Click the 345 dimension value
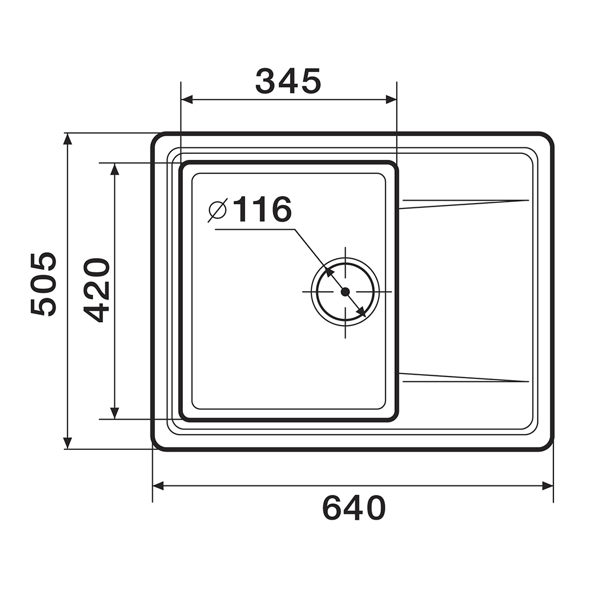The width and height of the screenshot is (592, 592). coord(288,81)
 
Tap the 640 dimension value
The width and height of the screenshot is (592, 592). coord(354,508)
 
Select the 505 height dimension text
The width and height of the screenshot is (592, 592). coord(43,284)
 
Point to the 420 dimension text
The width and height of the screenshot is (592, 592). coord(96,290)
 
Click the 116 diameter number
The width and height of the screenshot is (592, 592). coord(262,209)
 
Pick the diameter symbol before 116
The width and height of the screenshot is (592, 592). coord(217,210)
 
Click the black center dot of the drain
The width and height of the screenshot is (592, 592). coord(345,291)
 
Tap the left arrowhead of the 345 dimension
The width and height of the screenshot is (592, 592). coord(187,99)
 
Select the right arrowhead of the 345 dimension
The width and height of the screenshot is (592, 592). coord(391,99)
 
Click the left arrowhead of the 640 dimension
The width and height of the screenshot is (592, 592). coord(159,486)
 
